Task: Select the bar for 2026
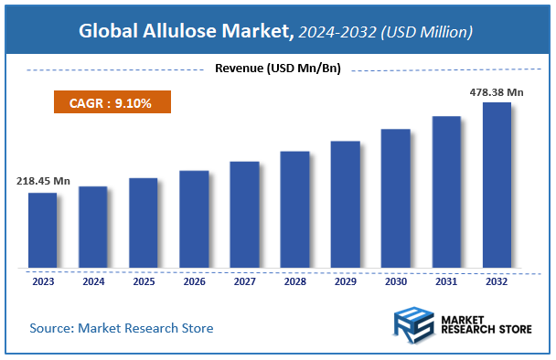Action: [194, 219]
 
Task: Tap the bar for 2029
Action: [345, 205]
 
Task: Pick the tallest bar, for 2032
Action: [497, 185]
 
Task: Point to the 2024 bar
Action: [93, 228]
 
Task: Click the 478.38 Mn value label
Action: [497, 91]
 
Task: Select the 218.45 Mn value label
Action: [43, 181]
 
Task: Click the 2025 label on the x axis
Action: [144, 282]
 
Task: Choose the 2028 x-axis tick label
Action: [294, 282]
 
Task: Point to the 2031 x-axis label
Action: [446, 282]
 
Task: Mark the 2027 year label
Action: [244, 282]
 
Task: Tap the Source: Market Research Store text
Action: [121, 327]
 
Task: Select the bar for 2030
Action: [396, 198]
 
